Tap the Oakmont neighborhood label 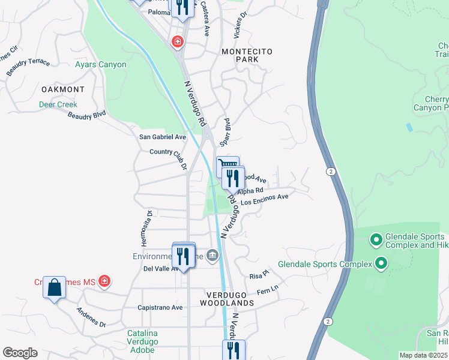point(63,89)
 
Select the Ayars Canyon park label point(100,65)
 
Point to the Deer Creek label point(58,104)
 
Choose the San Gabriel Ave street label point(163,137)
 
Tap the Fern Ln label point(268,290)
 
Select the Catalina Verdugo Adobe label point(142,341)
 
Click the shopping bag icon point(54,287)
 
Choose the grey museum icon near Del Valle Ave point(212,256)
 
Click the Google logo point(20,353)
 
